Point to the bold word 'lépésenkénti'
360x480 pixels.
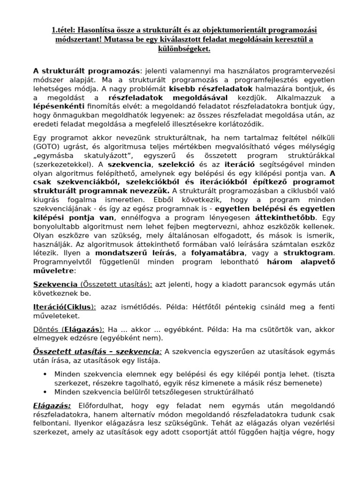57,106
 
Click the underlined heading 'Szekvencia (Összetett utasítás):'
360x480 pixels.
92,285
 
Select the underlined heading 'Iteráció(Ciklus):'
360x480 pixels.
65,307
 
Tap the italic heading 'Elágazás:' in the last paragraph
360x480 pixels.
52,405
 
